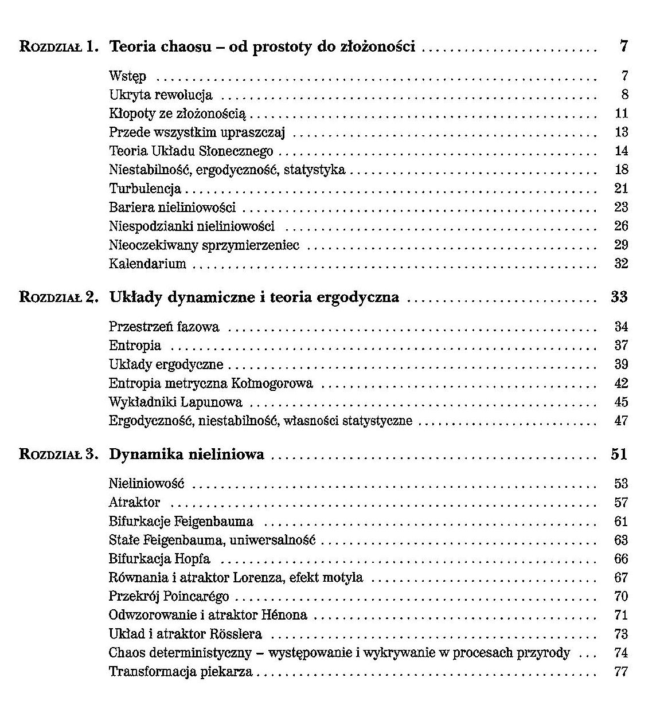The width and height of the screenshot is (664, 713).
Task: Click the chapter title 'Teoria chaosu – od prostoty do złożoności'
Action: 261,46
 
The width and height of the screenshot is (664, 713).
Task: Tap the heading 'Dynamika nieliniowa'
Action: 186,455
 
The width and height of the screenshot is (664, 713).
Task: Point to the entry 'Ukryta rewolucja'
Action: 161,95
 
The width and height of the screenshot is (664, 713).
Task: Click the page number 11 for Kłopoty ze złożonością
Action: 621,113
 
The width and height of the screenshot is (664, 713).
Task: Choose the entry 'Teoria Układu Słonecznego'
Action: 191,151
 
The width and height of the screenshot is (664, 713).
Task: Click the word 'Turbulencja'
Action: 145,189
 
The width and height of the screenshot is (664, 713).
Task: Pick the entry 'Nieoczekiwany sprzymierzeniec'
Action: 204,245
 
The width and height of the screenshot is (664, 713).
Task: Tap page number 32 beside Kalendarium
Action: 621,264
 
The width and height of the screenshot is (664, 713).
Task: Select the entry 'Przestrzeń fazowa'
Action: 164,327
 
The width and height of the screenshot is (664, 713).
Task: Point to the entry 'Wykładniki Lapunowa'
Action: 175,402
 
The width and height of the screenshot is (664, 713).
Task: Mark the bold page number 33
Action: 619,297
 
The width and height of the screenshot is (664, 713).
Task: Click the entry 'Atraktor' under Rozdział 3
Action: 134,503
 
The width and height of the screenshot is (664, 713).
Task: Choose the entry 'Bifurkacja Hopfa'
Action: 159,559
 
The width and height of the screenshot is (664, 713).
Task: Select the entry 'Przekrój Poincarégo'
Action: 169,597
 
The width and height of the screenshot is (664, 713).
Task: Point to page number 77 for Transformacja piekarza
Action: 621,672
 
